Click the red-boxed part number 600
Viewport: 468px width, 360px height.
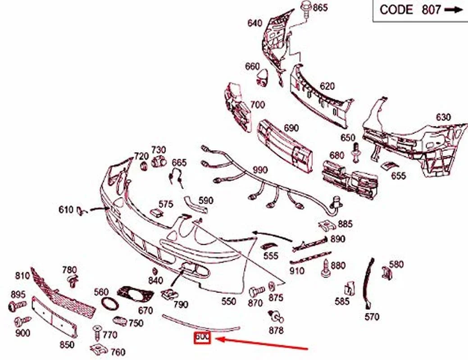click(202, 337)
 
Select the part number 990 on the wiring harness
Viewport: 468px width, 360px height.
click(260, 170)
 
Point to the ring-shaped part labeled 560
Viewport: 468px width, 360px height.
click(109, 304)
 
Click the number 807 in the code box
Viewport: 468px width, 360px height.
click(431, 10)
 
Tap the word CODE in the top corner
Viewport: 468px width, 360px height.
click(396, 10)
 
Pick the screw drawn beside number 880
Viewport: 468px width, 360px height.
click(325, 268)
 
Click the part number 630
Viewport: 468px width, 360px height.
click(443, 117)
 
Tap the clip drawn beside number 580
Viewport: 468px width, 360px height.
click(386, 273)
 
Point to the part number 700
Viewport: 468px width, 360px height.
click(257, 105)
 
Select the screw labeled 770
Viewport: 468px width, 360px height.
click(96, 332)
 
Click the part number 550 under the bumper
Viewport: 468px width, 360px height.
click(229, 301)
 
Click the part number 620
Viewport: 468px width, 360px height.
click(327, 86)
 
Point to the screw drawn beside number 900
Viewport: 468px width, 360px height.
click(19, 322)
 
